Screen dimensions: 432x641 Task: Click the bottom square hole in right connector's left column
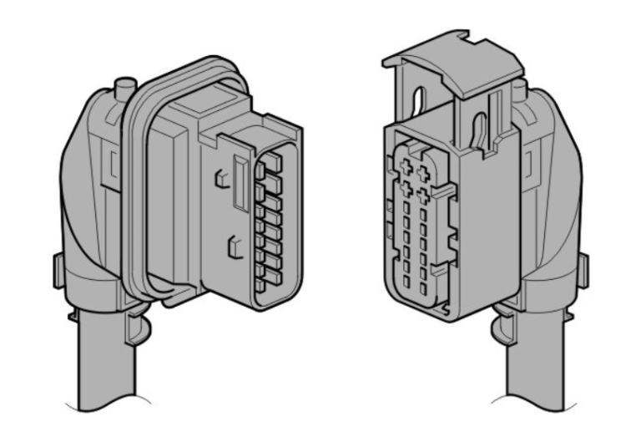tap(408, 285)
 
